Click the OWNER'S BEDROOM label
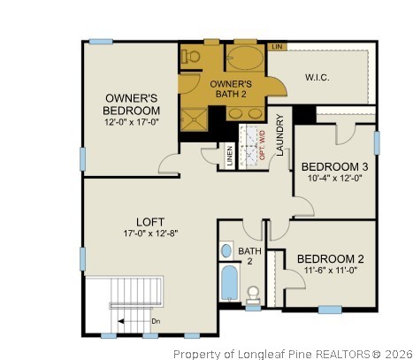coord(132,103)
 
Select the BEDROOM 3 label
coord(334,166)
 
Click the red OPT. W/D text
coord(261,143)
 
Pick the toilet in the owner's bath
coord(190,55)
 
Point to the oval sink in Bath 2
coord(226,250)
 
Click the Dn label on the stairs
coord(156,321)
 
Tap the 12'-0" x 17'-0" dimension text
coord(132,122)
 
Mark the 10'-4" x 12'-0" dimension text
coord(334,179)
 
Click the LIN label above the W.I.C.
coord(276,45)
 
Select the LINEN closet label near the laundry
coord(230,156)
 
